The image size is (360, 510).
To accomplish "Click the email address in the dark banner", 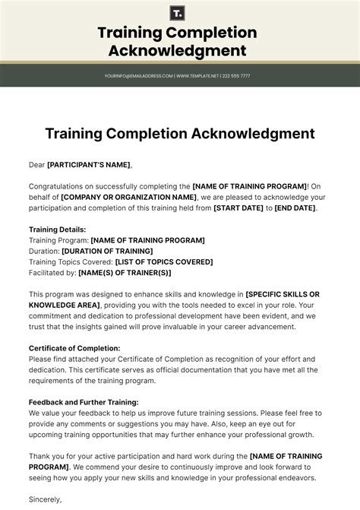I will pyautogui.click(x=139, y=76).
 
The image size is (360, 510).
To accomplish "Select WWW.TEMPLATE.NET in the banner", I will pyautogui.click(x=197, y=76).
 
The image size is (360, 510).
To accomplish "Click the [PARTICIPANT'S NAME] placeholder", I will pyautogui.click(x=89, y=164).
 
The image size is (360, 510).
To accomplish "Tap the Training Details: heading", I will pyautogui.click(x=57, y=230).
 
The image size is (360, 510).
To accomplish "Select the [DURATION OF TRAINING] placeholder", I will pyautogui.click(x=107, y=251).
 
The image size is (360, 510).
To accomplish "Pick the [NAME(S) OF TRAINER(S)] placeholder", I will pyautogui.click(x=125, y=273).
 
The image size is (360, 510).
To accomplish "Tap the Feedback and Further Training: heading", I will pyautogui.click(x=84, y=402).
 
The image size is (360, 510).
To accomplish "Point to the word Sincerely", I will pyautogui.click(x=45, y=500).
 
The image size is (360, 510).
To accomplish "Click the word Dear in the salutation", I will pyautogui.click(x=36, y=164).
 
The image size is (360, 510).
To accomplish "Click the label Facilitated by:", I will pyautogui.click(x=52, y=273).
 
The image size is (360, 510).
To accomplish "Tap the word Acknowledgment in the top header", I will pyautogui.click(x=177, y=51).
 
